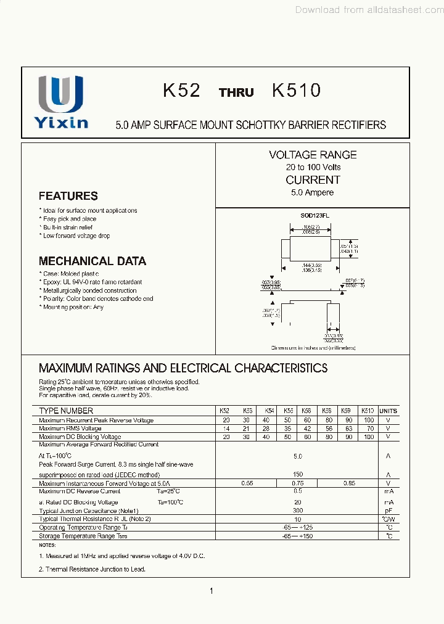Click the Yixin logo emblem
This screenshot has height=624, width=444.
tap(60, 94)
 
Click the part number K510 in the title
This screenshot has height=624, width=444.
tap(296, 91)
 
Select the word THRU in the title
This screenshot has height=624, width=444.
tap(236, 92)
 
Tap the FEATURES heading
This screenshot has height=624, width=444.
tap(68, 196)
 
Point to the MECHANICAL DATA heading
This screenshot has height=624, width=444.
tap(92, 261)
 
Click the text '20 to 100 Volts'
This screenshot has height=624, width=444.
tap(313, 167)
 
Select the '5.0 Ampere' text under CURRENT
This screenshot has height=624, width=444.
tap(313, 192)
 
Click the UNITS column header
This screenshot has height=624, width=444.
tap(388, 411)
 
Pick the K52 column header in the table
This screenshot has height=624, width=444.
tap(225, 411)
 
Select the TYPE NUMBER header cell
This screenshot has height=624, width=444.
tap(66, 411)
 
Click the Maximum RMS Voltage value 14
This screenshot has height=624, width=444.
tap(226, 429)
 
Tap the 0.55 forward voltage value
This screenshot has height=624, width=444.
tap(247, 483)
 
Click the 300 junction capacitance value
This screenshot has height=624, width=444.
tap(298, 511)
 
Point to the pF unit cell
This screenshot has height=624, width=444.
tap(388, 511)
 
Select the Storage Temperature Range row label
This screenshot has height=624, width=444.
tap(83, 536)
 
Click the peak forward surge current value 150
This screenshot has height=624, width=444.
tap(298, 475)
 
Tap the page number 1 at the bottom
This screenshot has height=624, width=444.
tap(212, 591)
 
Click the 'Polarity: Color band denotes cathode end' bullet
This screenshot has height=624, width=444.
tap(97, 298)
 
